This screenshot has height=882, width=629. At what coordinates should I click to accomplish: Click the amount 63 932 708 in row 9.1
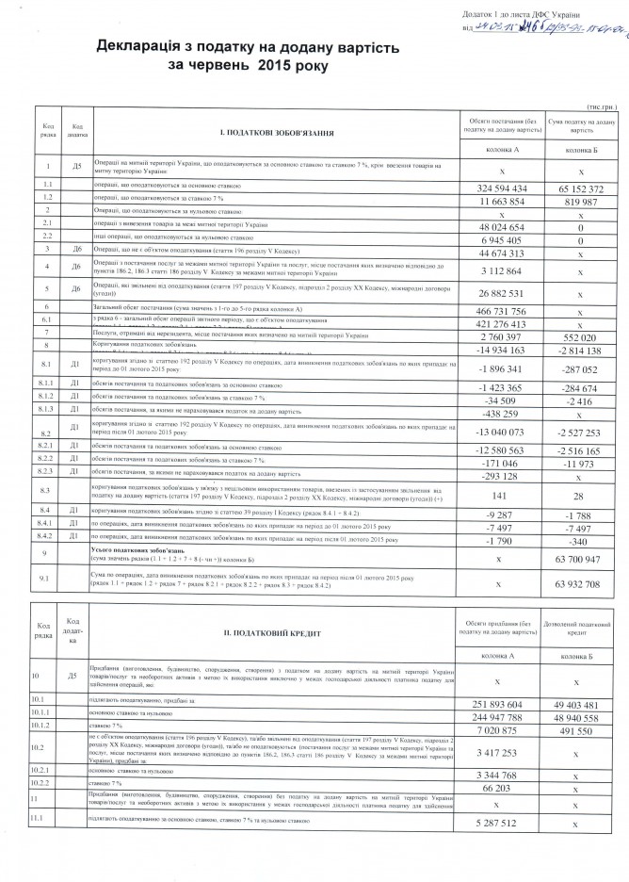coord(580,584)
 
